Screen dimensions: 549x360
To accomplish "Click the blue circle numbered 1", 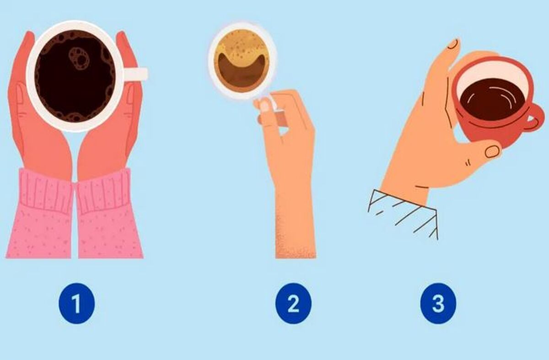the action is point(76,303).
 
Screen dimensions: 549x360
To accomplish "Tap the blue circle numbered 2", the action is point(293,303).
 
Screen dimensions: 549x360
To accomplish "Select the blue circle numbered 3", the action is point(438,303).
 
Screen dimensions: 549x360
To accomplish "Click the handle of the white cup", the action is point(135,74).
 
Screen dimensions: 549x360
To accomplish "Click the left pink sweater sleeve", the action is point(39,213).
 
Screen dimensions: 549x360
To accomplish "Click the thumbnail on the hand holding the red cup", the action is point(492,151).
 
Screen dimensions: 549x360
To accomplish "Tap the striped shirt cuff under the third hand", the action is point(403,214).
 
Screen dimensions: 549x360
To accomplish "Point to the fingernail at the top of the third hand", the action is point(452,44).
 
